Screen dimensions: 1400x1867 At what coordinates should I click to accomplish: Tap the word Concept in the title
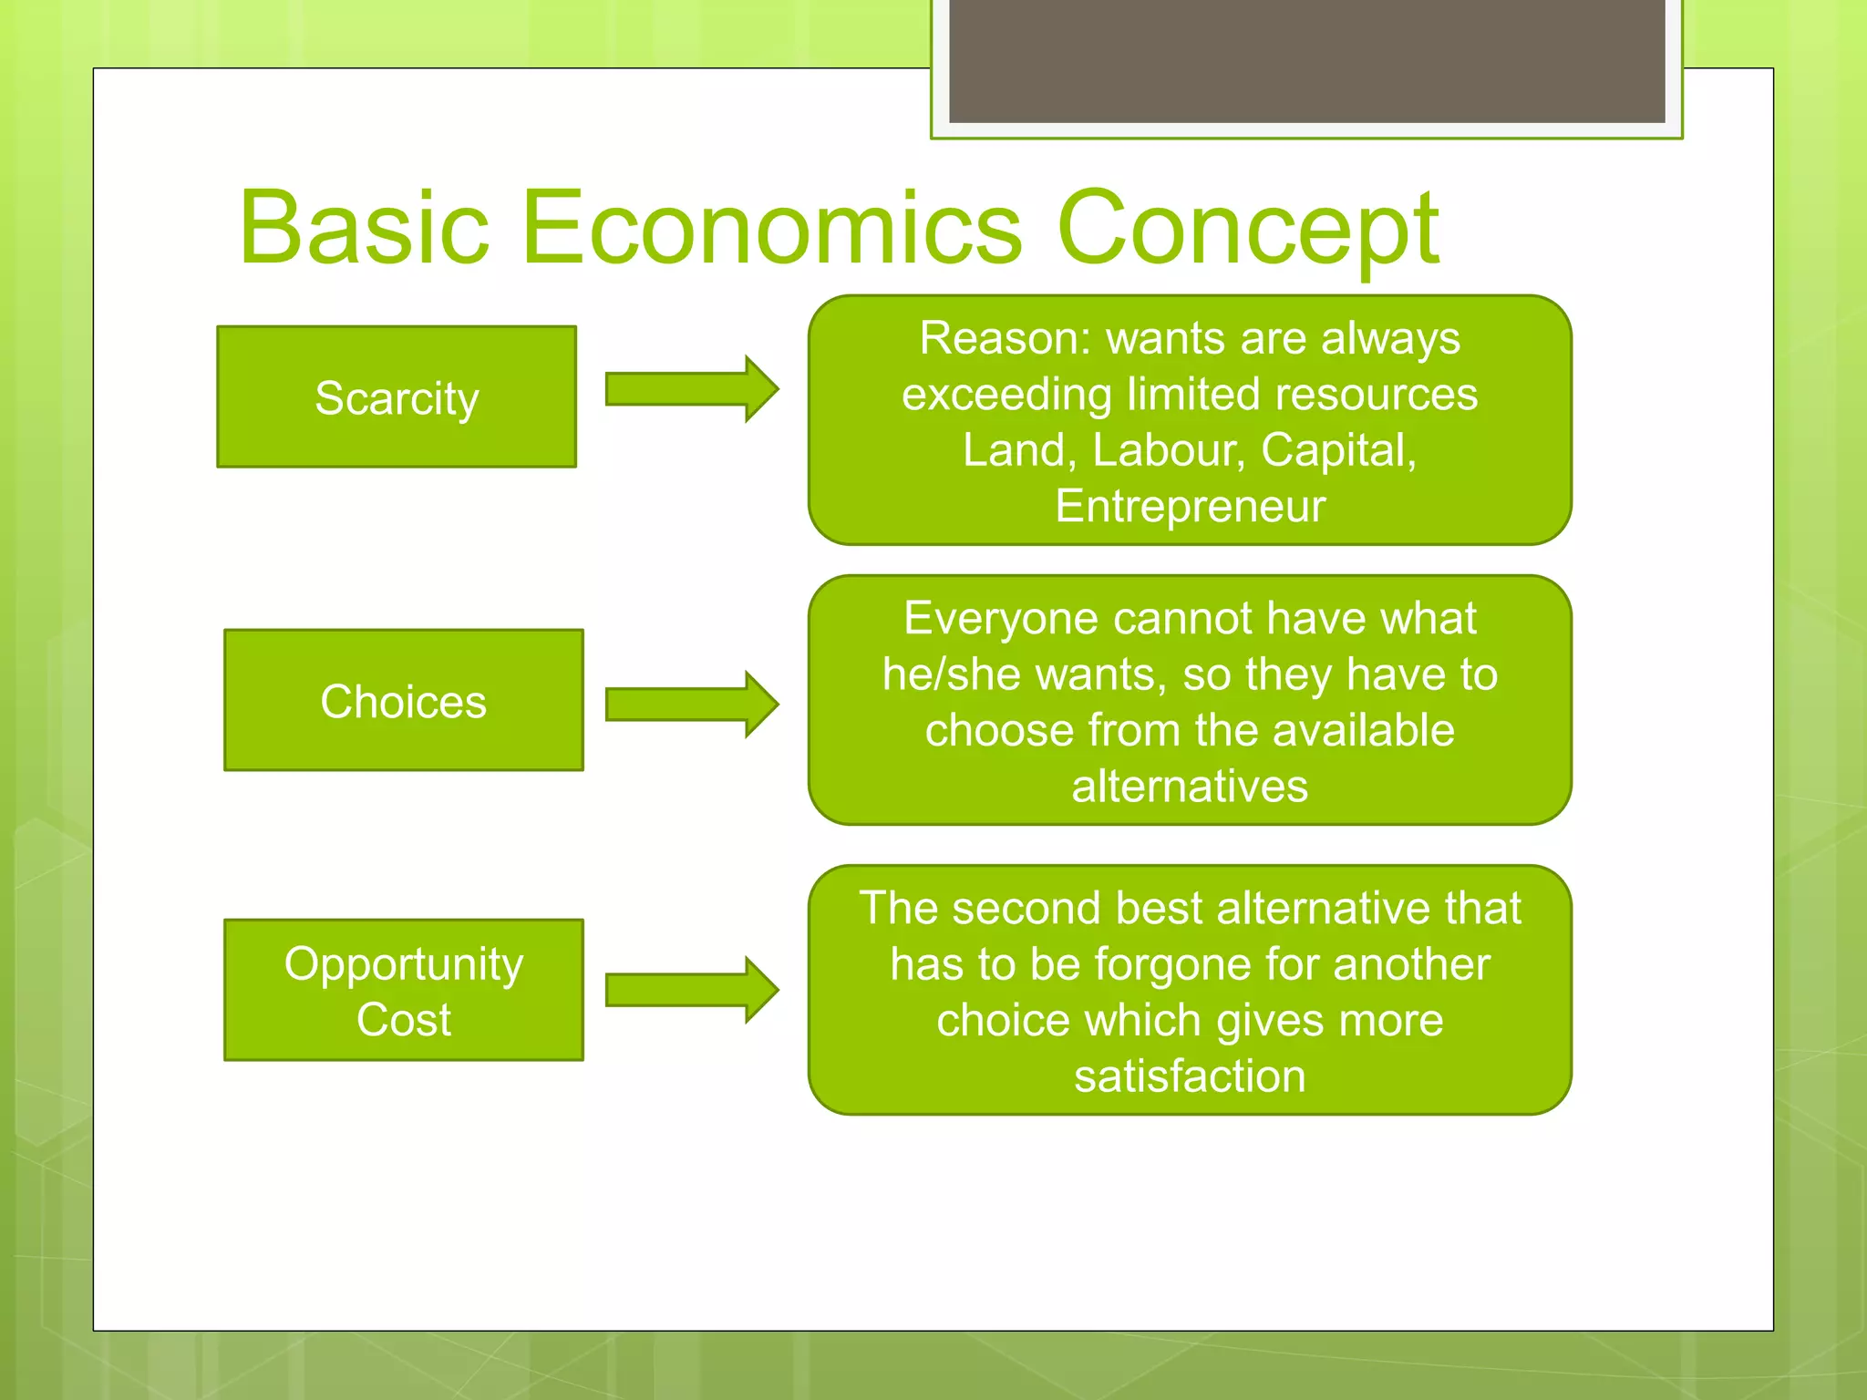pyautogui.click(x=1247, y=230)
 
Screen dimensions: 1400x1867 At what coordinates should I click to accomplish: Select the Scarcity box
pyautogui.click(x=397, y=397)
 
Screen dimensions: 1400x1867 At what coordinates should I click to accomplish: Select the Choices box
pyautogui.click(x=403, y=700)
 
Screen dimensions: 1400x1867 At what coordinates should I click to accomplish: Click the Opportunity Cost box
pyautogui.click(x=403, y=990)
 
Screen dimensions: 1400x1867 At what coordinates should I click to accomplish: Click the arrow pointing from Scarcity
pyautogui.click(x=691, y=389)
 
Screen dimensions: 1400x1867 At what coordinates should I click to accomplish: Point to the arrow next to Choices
pyautogui.click(x=691, y=705)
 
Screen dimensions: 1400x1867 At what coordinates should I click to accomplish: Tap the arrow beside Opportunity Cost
pyautogui.click(x=691, y=990)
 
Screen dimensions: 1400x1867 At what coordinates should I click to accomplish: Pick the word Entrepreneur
pyautogui.click(x=1190, y=506)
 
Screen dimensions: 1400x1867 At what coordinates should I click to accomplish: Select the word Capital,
pyautogui.click(x=1338, y=450)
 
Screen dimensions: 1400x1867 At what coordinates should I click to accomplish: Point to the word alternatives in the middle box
pyautogui.click(x=1190, y=787)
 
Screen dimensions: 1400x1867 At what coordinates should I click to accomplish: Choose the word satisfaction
pyautogui.click(x=1190, y=1076)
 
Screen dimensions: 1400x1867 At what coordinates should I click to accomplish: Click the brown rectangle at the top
pyautogui.click(x=1306, y=60)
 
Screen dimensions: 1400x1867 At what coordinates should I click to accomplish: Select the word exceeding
pyautogui.click(x=1006, y=395)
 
